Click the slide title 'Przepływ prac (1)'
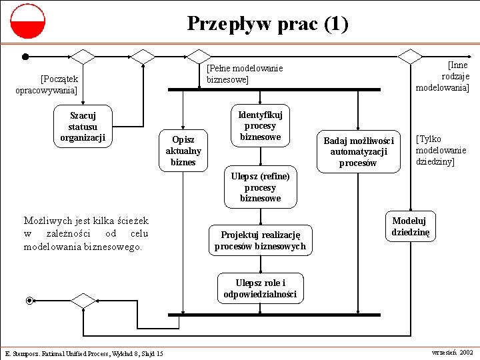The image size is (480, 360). coord(267,24)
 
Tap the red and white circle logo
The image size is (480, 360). coord(27,21)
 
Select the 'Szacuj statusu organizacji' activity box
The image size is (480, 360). coord(83,126)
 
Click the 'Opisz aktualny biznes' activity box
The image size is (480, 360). coord(183,151)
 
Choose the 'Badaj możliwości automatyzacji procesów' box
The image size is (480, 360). coord(359,151)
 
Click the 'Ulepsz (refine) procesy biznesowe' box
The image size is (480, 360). coord(260,187)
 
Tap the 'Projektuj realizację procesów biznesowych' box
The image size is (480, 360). coord(260,241)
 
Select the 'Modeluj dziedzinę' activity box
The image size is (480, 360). coord(411,227)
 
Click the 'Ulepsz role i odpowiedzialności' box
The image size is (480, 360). coord(260,289)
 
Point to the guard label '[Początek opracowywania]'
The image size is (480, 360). coord(47,84)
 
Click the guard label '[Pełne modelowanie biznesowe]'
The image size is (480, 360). coord(244,73)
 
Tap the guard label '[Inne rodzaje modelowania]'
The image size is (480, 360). coord(443,76)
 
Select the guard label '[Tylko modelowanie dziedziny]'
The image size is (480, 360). coord(441,151)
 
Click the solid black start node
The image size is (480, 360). coord(25,57)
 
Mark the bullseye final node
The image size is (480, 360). coord(29,301)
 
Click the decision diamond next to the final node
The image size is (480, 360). coord(83,301)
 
